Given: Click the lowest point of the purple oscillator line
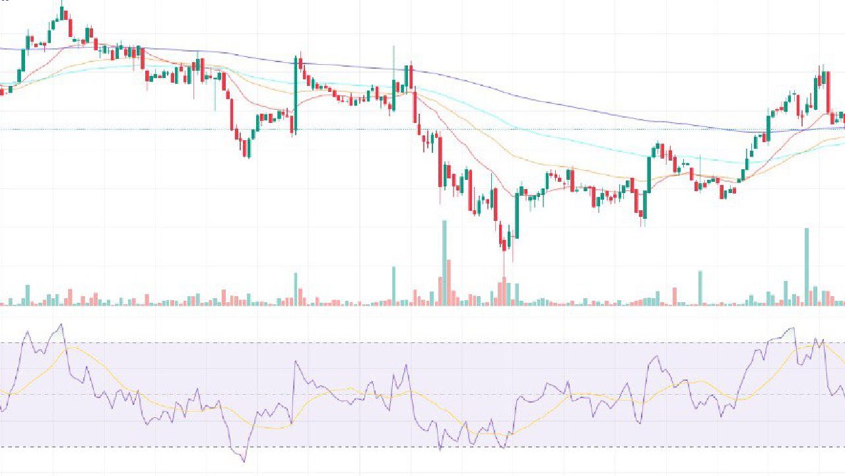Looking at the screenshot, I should [244, 461].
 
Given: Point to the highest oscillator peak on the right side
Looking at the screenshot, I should [792, 328].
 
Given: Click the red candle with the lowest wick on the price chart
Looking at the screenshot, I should [504, 246].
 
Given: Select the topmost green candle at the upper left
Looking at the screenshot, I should [62, 13].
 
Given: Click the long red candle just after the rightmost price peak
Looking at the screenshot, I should [828, 93].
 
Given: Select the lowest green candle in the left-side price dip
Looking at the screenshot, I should [248, 148].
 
